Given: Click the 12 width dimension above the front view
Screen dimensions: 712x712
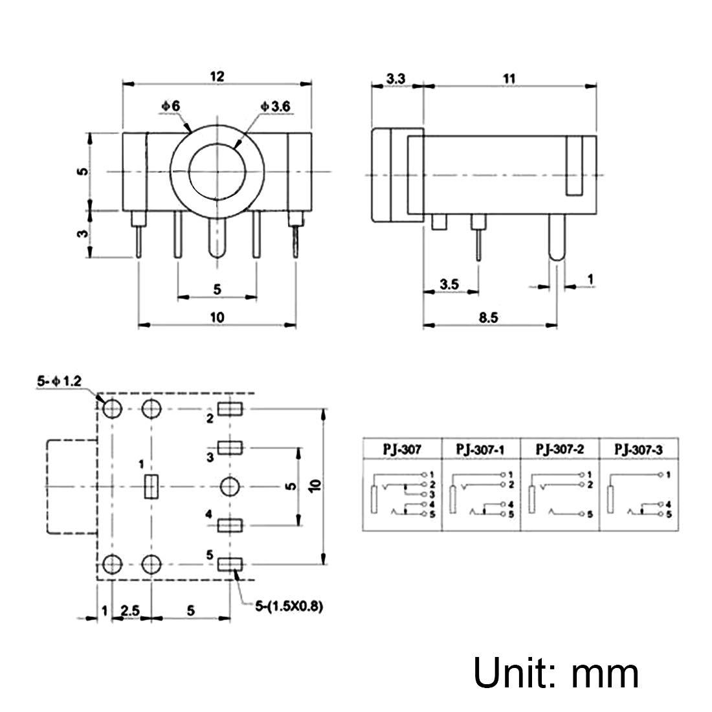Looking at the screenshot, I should tap(216, 76).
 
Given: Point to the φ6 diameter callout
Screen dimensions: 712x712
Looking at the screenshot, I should tap(171, 106).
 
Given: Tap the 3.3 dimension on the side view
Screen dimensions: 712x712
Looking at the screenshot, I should tap(395, 78).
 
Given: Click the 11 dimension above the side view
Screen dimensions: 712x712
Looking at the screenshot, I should tap(509, 78).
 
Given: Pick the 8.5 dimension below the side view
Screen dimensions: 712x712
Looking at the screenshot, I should tap(489, 317).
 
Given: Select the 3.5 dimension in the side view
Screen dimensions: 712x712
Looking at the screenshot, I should tap(449, 284).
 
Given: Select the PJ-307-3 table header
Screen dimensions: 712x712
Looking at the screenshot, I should tap(640, 449).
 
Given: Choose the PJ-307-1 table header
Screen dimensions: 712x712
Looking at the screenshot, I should tap(481, 449).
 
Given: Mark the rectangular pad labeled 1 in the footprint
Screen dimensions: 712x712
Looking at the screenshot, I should tap(151, 487).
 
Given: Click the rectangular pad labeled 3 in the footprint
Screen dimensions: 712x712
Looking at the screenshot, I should tap(229, 447).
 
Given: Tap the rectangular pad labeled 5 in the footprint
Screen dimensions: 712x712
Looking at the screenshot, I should tap(229, 564).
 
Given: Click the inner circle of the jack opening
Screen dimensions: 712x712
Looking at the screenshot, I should tap(216, 172).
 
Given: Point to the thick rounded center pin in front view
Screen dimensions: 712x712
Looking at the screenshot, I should tap(216, 239).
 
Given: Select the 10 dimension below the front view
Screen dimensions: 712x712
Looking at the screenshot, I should tap(216, 317).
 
